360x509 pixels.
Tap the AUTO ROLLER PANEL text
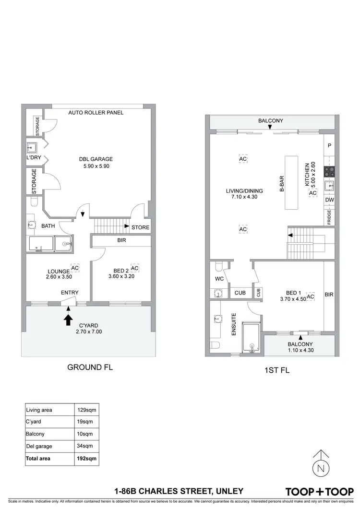pos(96,113)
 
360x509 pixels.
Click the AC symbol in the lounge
pos(75,267)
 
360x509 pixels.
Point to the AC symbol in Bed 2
pos(134,268)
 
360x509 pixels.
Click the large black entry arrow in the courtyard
pos(68,319)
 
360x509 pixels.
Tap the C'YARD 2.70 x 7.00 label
pos(88,328)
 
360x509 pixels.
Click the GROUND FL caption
pos(90,367)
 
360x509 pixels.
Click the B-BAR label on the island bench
pos(282,183)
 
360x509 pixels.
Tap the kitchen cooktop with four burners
pos(329,171)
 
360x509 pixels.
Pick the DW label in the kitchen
pos(329,200)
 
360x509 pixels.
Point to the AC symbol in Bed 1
pos(311,297)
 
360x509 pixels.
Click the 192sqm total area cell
pos(87,458)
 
